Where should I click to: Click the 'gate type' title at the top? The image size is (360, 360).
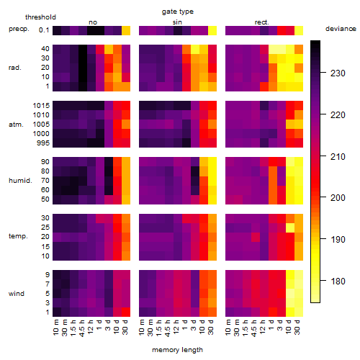[178, 12]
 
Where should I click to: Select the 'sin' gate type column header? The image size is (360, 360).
[177, 22]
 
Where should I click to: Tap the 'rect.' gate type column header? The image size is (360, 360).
[262, 22]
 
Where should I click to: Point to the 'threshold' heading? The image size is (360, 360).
[40, 17]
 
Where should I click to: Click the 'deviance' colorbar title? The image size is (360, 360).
[341, 29]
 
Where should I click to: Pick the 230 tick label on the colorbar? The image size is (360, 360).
[338, 73]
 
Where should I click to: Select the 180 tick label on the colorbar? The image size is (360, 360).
[338, 281]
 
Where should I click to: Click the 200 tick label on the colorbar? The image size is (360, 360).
[338, 198]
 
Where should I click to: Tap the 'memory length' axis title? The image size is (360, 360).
[177, 350]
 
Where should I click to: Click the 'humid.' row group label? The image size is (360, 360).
[20, 181]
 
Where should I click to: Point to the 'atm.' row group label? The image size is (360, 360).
[16, 125]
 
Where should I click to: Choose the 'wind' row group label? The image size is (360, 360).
[17, 294]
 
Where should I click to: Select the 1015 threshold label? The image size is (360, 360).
[41, 106]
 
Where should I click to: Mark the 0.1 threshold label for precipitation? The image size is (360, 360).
[44, 30]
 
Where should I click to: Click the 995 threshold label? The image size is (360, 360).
[43, 143]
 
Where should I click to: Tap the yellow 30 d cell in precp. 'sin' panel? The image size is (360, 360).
[212, 31]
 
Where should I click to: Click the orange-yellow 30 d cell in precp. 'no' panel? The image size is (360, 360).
[126, 31]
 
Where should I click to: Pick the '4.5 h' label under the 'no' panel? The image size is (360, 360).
[81, 328]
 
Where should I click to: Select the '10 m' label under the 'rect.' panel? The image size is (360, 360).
[228, 328]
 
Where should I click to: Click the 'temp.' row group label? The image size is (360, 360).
[18, 236]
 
